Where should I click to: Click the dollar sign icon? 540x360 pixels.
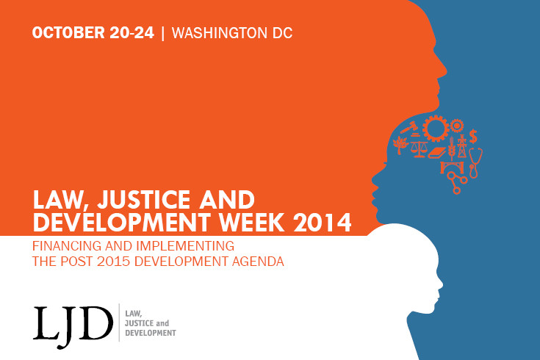coord(474,136)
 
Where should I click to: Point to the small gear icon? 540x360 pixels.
coord(457,125)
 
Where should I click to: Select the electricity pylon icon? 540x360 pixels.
coord(461,147)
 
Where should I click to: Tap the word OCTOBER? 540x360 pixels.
coord(66,33)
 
